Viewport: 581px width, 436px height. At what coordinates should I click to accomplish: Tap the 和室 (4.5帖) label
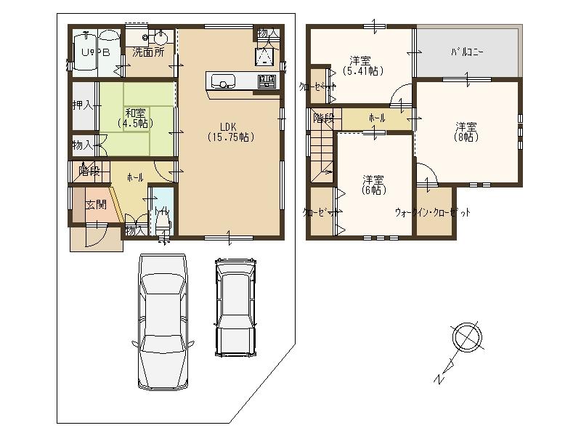[x=135, y=118]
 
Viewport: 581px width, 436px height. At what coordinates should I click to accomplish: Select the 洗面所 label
[x=147, y=52]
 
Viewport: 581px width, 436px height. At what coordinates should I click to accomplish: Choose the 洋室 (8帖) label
[x=466, y=131]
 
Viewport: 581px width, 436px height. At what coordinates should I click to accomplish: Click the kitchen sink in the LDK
[x=222, y=81]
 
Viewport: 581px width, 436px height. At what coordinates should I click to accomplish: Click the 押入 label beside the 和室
[x=83, y=105]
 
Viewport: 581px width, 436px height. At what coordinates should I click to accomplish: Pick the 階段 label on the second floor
[x=323, y=118]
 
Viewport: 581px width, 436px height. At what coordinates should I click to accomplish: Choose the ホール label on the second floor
[x=377, y=118]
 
